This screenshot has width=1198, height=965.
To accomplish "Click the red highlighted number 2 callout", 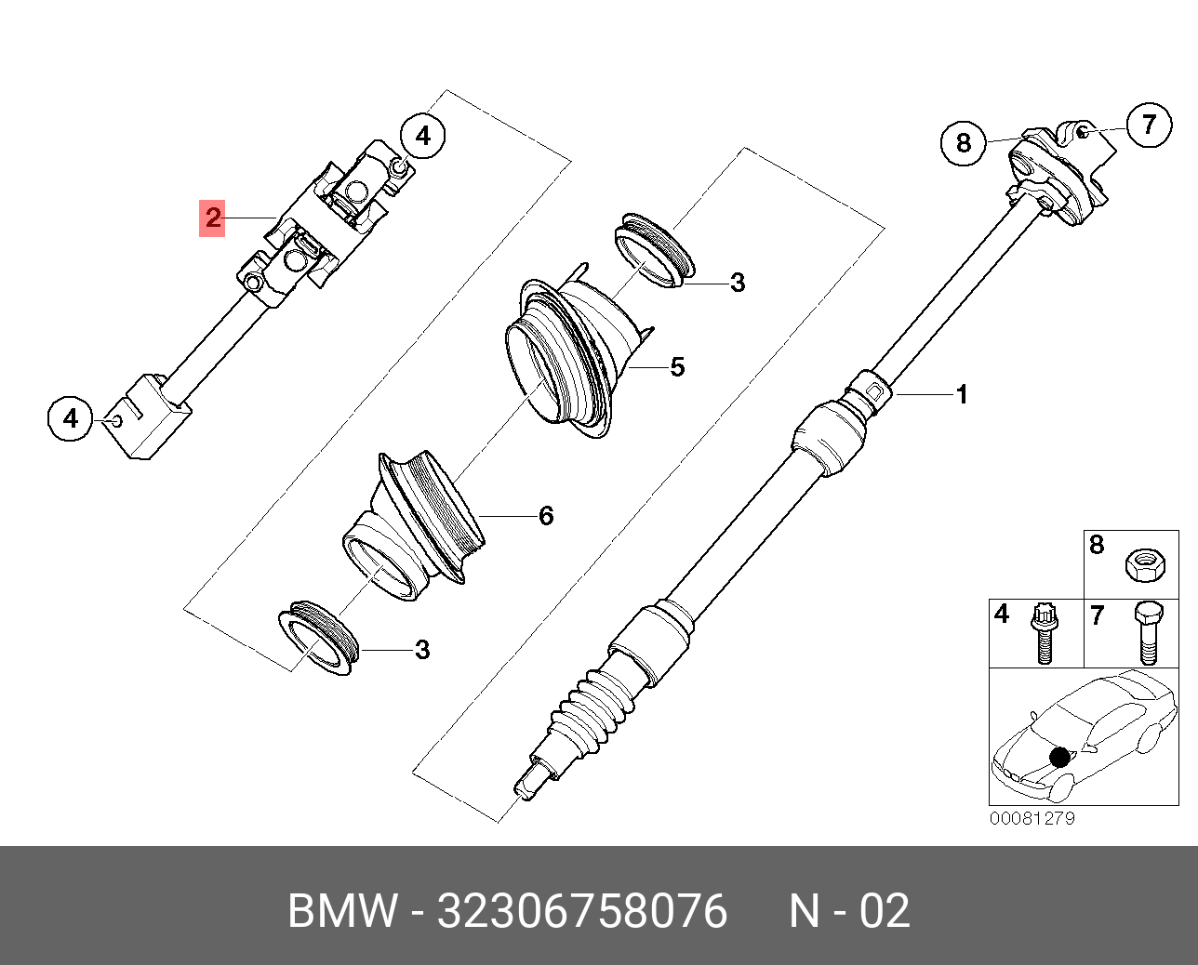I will pyautogui.click(x=213, y=218).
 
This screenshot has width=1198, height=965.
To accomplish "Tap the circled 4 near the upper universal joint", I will pyautogui.click(x=423, y=137).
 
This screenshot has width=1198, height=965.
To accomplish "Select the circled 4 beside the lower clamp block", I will pyautogui.click(x=71, y=418).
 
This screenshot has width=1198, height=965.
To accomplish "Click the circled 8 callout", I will pyautogui.click(x=964, y=142).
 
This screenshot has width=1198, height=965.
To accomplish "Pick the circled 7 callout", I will pyautogui.click(x=1149, y=124).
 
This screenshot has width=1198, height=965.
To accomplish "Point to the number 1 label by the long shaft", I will pyautogui.click(x=962, y=395).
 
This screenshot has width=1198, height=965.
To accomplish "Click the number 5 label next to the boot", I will pyautogui.click(x=677, y=367).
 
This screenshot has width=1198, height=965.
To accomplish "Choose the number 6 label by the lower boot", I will pyautogui.click(x=546, y=515).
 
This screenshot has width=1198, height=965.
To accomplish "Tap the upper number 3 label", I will pyautogui.click(x=738, y=283).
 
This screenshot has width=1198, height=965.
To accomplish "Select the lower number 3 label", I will pyautogui.click(x=422, y=650).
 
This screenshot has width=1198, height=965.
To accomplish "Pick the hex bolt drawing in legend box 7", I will pyautogui.click(x=1147, y=632).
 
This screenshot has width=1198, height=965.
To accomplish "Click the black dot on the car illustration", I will pyautogui.click(x=1059, y=756).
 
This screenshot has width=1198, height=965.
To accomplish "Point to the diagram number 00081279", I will pyautogui.click(x=1032, y=819).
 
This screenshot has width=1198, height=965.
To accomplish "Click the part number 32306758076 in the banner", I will pyautogui.click(x=582, y=911).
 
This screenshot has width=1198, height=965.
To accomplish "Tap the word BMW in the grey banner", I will pyautogui.click(x=342, y=911).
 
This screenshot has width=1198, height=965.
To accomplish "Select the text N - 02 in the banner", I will pyautogui.click(x=849, y=911).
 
